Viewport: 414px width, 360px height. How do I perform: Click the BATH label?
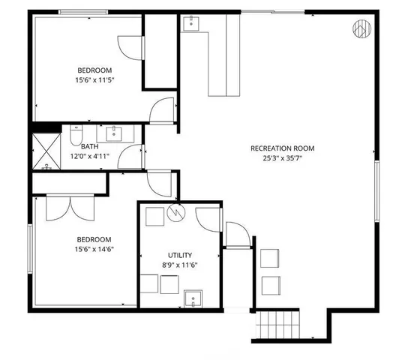89,147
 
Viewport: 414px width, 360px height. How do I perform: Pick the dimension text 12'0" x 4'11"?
89,157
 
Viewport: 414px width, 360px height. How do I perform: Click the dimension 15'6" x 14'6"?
94,250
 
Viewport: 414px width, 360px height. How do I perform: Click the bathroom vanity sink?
115,133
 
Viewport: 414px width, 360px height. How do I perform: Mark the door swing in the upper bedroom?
132,47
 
